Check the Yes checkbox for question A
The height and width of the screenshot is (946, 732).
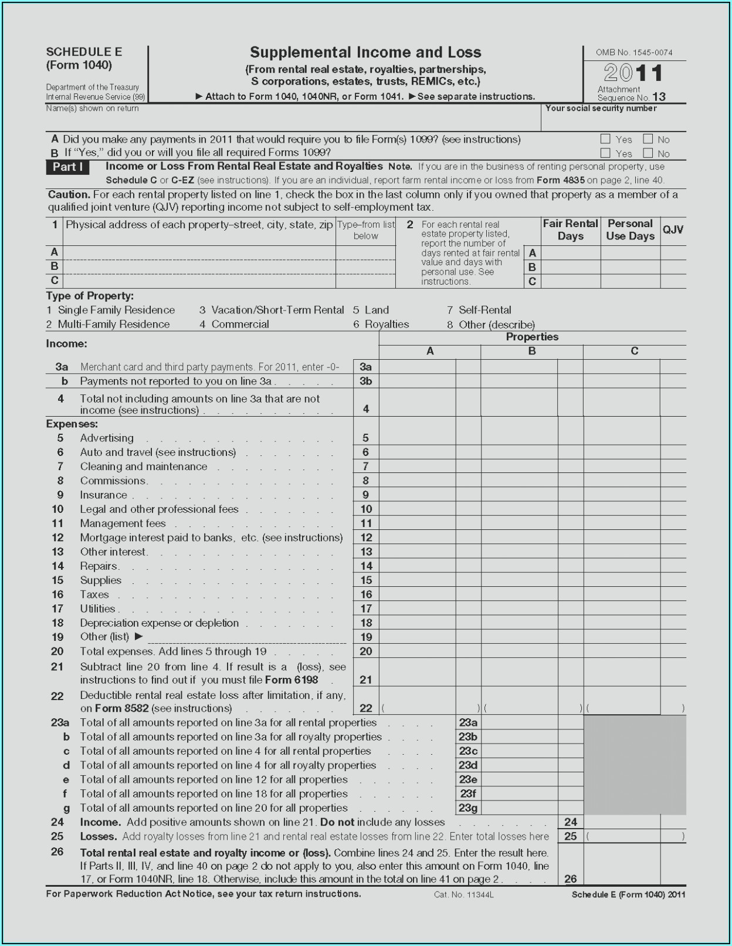(x=605, y=139)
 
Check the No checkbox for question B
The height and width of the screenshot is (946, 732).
(x=648, y=153)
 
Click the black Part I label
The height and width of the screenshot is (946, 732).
(x=67, y=167)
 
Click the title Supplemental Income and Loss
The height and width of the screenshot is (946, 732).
(x=365, y=52)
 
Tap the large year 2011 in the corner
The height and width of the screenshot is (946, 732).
(x=634, y=73)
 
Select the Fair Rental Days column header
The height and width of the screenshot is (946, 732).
(x=570, y=230)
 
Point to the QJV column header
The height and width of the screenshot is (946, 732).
(x=673, y=229)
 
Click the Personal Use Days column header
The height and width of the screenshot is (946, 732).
(x=630, y=230)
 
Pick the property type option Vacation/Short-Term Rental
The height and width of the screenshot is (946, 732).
(x=277, y=310)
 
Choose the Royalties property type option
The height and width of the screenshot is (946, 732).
(x=387, y=324)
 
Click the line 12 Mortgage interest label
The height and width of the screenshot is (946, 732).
(x=211, y=538)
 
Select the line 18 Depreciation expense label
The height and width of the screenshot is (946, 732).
(x=159, y=623)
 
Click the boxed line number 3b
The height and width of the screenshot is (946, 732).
(x=366, y=381)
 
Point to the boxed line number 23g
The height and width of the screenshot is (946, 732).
(x=468, y=808)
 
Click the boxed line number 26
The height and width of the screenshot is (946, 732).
(x=571, y=879)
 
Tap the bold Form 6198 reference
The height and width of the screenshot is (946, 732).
(x=292, y=680)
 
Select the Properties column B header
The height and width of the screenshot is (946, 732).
(x=531, y=351)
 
